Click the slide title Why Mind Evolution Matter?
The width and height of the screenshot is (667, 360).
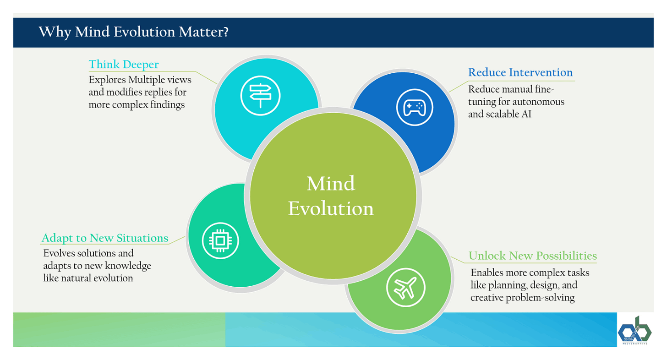coord(133,33)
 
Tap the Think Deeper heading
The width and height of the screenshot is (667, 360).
coord(124,64)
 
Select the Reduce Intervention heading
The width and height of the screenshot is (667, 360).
coord(520,72)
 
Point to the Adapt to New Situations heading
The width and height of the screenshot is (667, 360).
coord(105,238)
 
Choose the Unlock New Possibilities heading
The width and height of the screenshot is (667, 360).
coord(533,256)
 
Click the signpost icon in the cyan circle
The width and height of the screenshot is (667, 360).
coord(261,95)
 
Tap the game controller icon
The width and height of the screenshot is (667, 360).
coord(414,108)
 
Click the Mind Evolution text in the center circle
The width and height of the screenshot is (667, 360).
coord(331,196)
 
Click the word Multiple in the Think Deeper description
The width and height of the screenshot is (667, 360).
coord(147,80)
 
